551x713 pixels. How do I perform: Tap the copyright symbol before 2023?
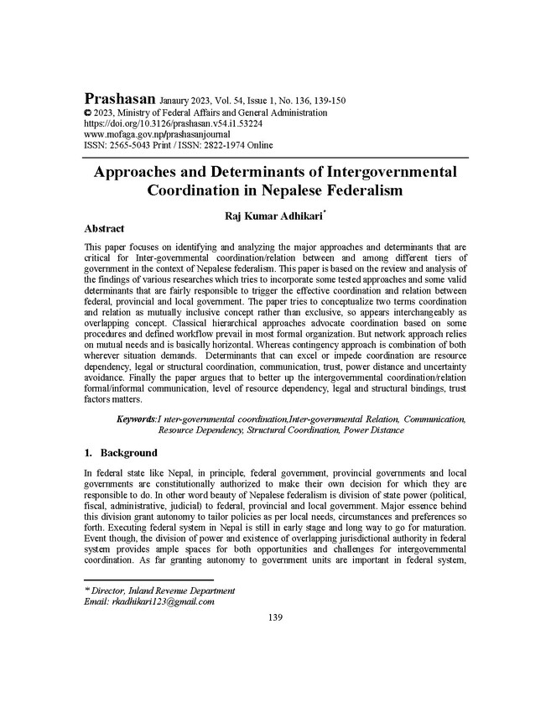coord(89,112)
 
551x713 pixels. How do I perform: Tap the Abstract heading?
coord(105,228)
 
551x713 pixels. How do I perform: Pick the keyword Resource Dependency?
coord(199,429)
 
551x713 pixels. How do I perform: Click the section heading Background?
coord(128,453)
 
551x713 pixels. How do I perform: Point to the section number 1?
coord(90,453)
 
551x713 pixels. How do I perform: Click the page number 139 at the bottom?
coord(275,618)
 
